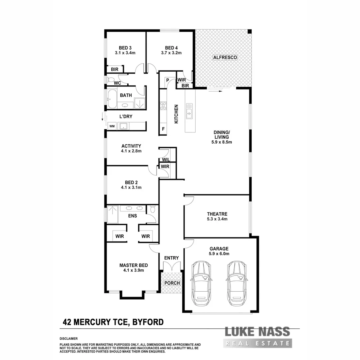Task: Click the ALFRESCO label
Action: click(225, 58)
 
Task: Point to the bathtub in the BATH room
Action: click(112, 99)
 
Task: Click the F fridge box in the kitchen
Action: click(163, 129)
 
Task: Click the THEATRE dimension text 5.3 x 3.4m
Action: click(217, 219)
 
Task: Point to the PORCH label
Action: click(172, 283)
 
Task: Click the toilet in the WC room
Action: click(110, 80)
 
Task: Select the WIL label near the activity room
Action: click(166, 160)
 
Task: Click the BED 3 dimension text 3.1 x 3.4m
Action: click(125, 53)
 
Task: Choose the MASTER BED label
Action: click(133, 265)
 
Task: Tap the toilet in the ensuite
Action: click(153, 210)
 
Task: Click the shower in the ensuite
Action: click(112, 214)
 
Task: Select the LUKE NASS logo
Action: click(257, 337)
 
